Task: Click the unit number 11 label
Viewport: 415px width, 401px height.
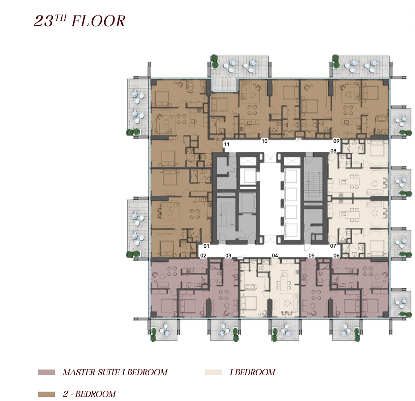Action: point(226,144)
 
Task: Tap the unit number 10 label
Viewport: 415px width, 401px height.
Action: point(265,141)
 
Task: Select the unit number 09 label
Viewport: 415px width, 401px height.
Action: point(336,141)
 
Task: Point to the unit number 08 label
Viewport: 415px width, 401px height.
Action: point(333,150)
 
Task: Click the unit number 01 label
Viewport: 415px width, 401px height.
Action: point(206,246)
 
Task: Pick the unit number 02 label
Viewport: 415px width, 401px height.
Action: point(203,256)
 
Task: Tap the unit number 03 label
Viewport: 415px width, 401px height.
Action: point(228,256)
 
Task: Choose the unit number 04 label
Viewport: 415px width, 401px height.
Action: point(275,256)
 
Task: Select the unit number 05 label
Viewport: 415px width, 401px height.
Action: point(312,256)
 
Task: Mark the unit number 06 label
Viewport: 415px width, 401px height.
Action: point(336,256)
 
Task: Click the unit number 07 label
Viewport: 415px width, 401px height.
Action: point(333,246)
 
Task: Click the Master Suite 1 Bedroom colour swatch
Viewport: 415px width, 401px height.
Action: point(47,372)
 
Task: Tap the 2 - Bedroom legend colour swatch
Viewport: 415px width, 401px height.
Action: point(47,394)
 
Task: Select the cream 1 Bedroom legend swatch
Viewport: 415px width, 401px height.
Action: point(213,372)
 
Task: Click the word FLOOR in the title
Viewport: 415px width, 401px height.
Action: point(99,21)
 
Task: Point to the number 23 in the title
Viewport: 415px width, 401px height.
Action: point(44,21)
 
